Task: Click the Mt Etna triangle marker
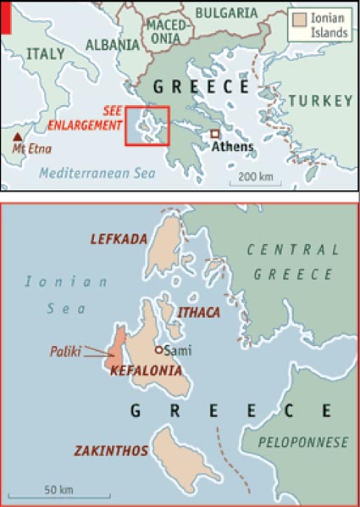[16, 136]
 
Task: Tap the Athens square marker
[215, 133]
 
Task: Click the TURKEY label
[319, 101]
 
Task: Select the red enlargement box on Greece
[147, 125]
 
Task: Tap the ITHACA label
[199, 313]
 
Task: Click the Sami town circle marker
[158, 349]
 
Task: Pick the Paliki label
[67, 348]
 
